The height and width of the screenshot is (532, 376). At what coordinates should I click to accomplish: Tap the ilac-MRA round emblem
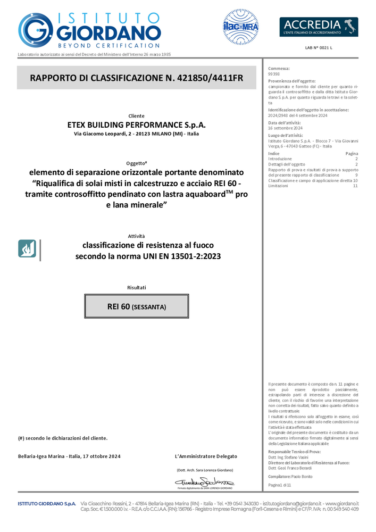tap(240, 26)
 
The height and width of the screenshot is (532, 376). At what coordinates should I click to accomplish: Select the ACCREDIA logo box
tap(319, 27)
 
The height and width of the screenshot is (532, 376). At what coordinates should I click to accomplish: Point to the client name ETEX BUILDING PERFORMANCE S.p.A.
tap(137, 124)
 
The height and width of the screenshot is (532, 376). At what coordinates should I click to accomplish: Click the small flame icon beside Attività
tap(27, 248)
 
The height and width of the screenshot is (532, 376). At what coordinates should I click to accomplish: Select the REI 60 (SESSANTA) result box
tap(137, 306)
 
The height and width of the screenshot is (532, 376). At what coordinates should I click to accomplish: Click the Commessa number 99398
tap(274, 74)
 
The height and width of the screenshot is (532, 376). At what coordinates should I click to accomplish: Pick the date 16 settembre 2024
tap(285, 128)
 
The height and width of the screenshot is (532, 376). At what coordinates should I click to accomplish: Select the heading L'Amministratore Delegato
tap(206, 456)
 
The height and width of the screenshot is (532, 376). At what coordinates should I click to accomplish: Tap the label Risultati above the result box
tap(137, 287)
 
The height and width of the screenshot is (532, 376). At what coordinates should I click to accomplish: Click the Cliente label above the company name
tap(137, 115)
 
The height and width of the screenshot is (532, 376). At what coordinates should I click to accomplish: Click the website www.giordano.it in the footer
tap(342, 503)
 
